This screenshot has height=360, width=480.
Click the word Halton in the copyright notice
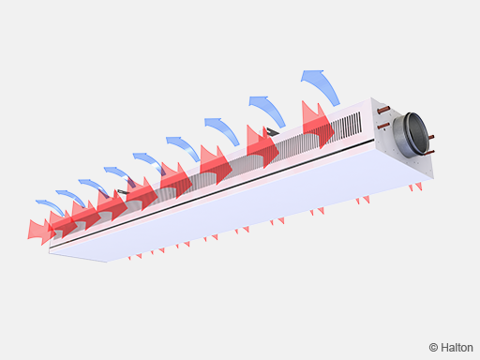click(x=457, y=348)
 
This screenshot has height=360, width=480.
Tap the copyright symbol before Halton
click(x=433, y=348)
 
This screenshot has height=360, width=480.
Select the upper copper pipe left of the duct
click(x=384, y=110)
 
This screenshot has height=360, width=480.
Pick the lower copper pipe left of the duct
click(x=383, y=126)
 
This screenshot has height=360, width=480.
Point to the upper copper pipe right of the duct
click(x=431, y=137)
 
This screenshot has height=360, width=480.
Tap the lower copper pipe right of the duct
click(x=430, y=152)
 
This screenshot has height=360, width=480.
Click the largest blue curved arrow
click(x=322, y=86)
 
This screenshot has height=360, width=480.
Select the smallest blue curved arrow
click(x=51, y=207)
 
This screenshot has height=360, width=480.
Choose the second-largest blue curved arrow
click(x=269, y=110)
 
